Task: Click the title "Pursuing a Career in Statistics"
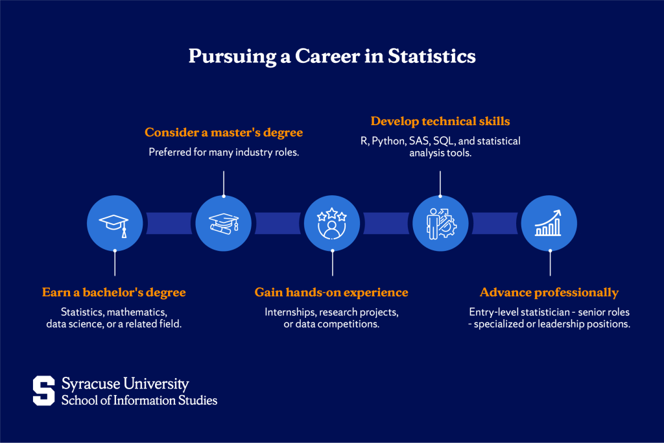point(332,56)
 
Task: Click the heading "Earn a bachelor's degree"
point(114,293)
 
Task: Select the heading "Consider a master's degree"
point(223,132)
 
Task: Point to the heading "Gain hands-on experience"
point(331,293)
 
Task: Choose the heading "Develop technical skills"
point(440,121)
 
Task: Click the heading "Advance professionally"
point(549,293)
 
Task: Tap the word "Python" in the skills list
point(387,141)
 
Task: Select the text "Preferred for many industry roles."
point(223,152)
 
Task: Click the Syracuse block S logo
point(44,390)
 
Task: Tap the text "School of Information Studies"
point(139,400)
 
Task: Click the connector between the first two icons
point(169,222)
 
